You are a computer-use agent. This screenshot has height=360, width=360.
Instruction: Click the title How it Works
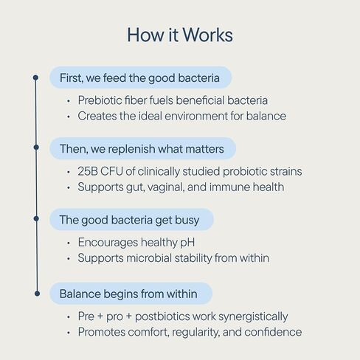point(180,35)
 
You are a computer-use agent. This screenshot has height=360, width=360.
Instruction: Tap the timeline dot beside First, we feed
point(35,77)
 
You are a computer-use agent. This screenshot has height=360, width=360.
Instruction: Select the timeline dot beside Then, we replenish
point(36,148)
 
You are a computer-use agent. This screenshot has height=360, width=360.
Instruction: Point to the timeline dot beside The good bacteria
point(36,218)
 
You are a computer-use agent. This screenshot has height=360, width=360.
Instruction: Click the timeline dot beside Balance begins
point(37,294)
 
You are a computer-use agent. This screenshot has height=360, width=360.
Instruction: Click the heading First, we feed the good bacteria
point(139,78)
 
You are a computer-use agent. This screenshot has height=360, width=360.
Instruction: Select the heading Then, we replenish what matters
point(142,149)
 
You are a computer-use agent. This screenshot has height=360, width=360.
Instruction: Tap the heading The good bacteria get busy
point(129,220)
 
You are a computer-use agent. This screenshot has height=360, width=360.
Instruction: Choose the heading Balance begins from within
point(128,294)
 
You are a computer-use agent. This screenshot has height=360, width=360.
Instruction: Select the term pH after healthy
point(187,243)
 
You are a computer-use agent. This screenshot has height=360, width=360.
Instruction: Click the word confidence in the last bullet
point(273,332)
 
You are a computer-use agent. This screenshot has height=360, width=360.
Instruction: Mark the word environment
point(196,116)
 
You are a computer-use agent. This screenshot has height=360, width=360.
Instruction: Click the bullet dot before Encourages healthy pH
point(69,243)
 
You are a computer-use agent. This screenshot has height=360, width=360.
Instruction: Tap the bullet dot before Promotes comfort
point(69,333)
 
